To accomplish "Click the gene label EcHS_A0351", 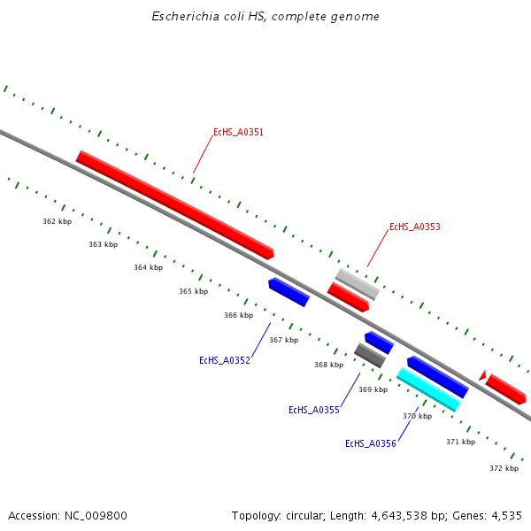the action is (x=238, y=133).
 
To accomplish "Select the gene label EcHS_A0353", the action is (x=414, y=227).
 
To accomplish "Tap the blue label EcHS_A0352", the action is (x=224, y=361).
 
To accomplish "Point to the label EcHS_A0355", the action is (x=314, y=411).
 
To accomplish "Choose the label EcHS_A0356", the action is (x=370, y=444).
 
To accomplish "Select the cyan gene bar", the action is (x=428, y=389).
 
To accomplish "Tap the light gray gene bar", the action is (x=358, y=284).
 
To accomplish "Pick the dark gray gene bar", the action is (x=369, y=356).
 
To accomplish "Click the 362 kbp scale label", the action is (x=57, y=221).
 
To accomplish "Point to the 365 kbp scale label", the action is (x=193, y=291).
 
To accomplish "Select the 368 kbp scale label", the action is (x=328, y=365).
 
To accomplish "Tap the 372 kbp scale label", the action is (x=504, y=468).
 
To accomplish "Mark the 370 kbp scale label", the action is (x=417, y=416).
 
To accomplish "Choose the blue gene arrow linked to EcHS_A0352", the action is (x=289, y=292).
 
